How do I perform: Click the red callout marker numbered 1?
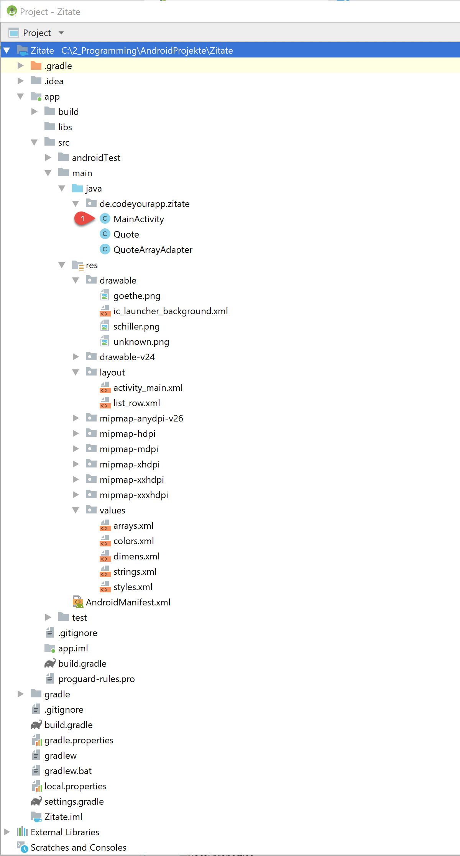[x=84, y=219]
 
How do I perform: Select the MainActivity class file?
[x=139, y=219]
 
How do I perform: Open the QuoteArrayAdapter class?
[x=153, y=250]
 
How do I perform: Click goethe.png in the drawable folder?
[x=137, y=296]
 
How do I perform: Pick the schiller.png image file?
[x=136, y=326]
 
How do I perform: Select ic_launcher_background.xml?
[x=171, y=311]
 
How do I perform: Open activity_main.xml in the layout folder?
[x=148, y=388]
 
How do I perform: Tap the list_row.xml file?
[x=137, y=403]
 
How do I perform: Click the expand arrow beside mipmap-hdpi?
[x=76, y=433]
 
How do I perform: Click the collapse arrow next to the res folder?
[x=62, y=265]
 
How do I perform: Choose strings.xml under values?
[x=135, y=572]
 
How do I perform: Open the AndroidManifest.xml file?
[x=128, y=602]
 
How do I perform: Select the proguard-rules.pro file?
[x=97, y=679]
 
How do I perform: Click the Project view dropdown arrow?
[x=61, y=33]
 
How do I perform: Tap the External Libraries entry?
[x=65, y=832]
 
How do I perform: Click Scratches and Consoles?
[x=79, y=848]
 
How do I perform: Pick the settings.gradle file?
[x=74, y=802]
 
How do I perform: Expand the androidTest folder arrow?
[x=48, y=157]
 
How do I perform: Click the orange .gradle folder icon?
[x=36, y=66]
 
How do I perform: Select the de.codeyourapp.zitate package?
[x=145, y=204]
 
